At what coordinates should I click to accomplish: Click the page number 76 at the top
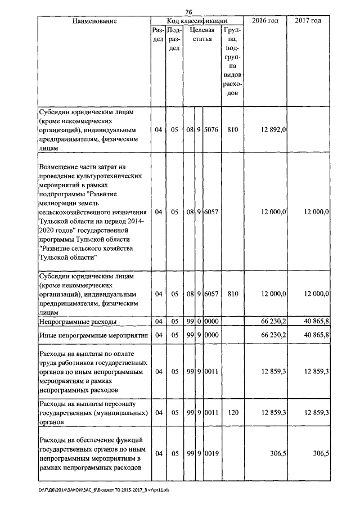click(188, 12)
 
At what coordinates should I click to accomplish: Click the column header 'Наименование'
click(94, 21)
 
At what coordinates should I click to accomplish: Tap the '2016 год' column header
click(267, 21)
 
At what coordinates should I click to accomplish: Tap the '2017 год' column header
click(308, 21)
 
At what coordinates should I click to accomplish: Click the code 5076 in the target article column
click(211, 130)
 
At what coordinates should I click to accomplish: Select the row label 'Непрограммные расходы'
click(78, 322)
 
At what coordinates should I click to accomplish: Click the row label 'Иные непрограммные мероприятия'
click(93, 335)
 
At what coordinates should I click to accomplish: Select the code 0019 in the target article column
click(211, 453)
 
